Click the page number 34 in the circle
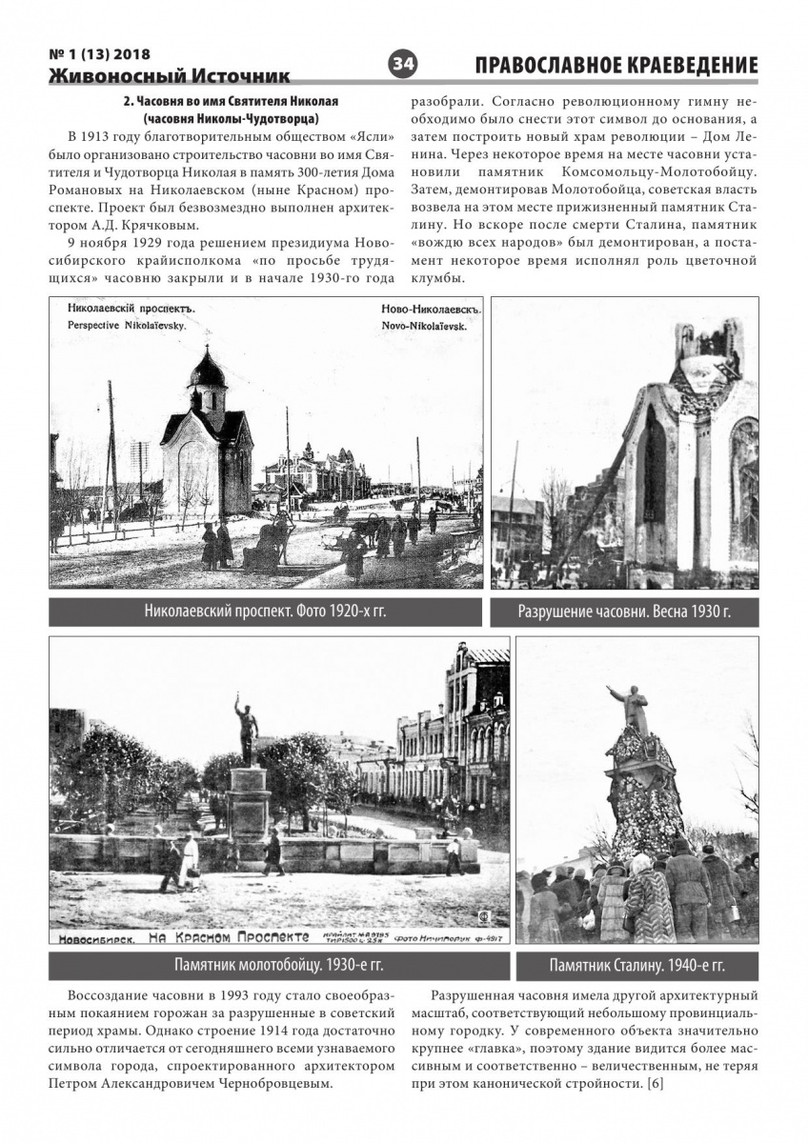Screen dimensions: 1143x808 (x=402, y=64)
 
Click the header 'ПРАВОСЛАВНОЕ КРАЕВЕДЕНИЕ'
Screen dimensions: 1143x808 (x=616, y=65)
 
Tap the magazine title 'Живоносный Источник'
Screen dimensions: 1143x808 (x=170, y=76)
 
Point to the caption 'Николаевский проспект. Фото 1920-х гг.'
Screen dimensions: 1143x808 (x=266, y=612)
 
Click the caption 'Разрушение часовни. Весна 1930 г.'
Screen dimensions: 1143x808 (x=624, y=612)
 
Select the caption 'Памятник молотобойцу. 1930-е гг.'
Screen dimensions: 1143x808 (x=278, y=965)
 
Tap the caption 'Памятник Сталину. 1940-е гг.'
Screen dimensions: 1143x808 (x=636, y=965)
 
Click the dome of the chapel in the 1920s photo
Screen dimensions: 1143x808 (x=207, y=369)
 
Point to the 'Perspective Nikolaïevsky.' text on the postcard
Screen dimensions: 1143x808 (x=127, y=325)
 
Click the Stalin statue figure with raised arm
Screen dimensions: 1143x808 (x=630, y=707)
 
